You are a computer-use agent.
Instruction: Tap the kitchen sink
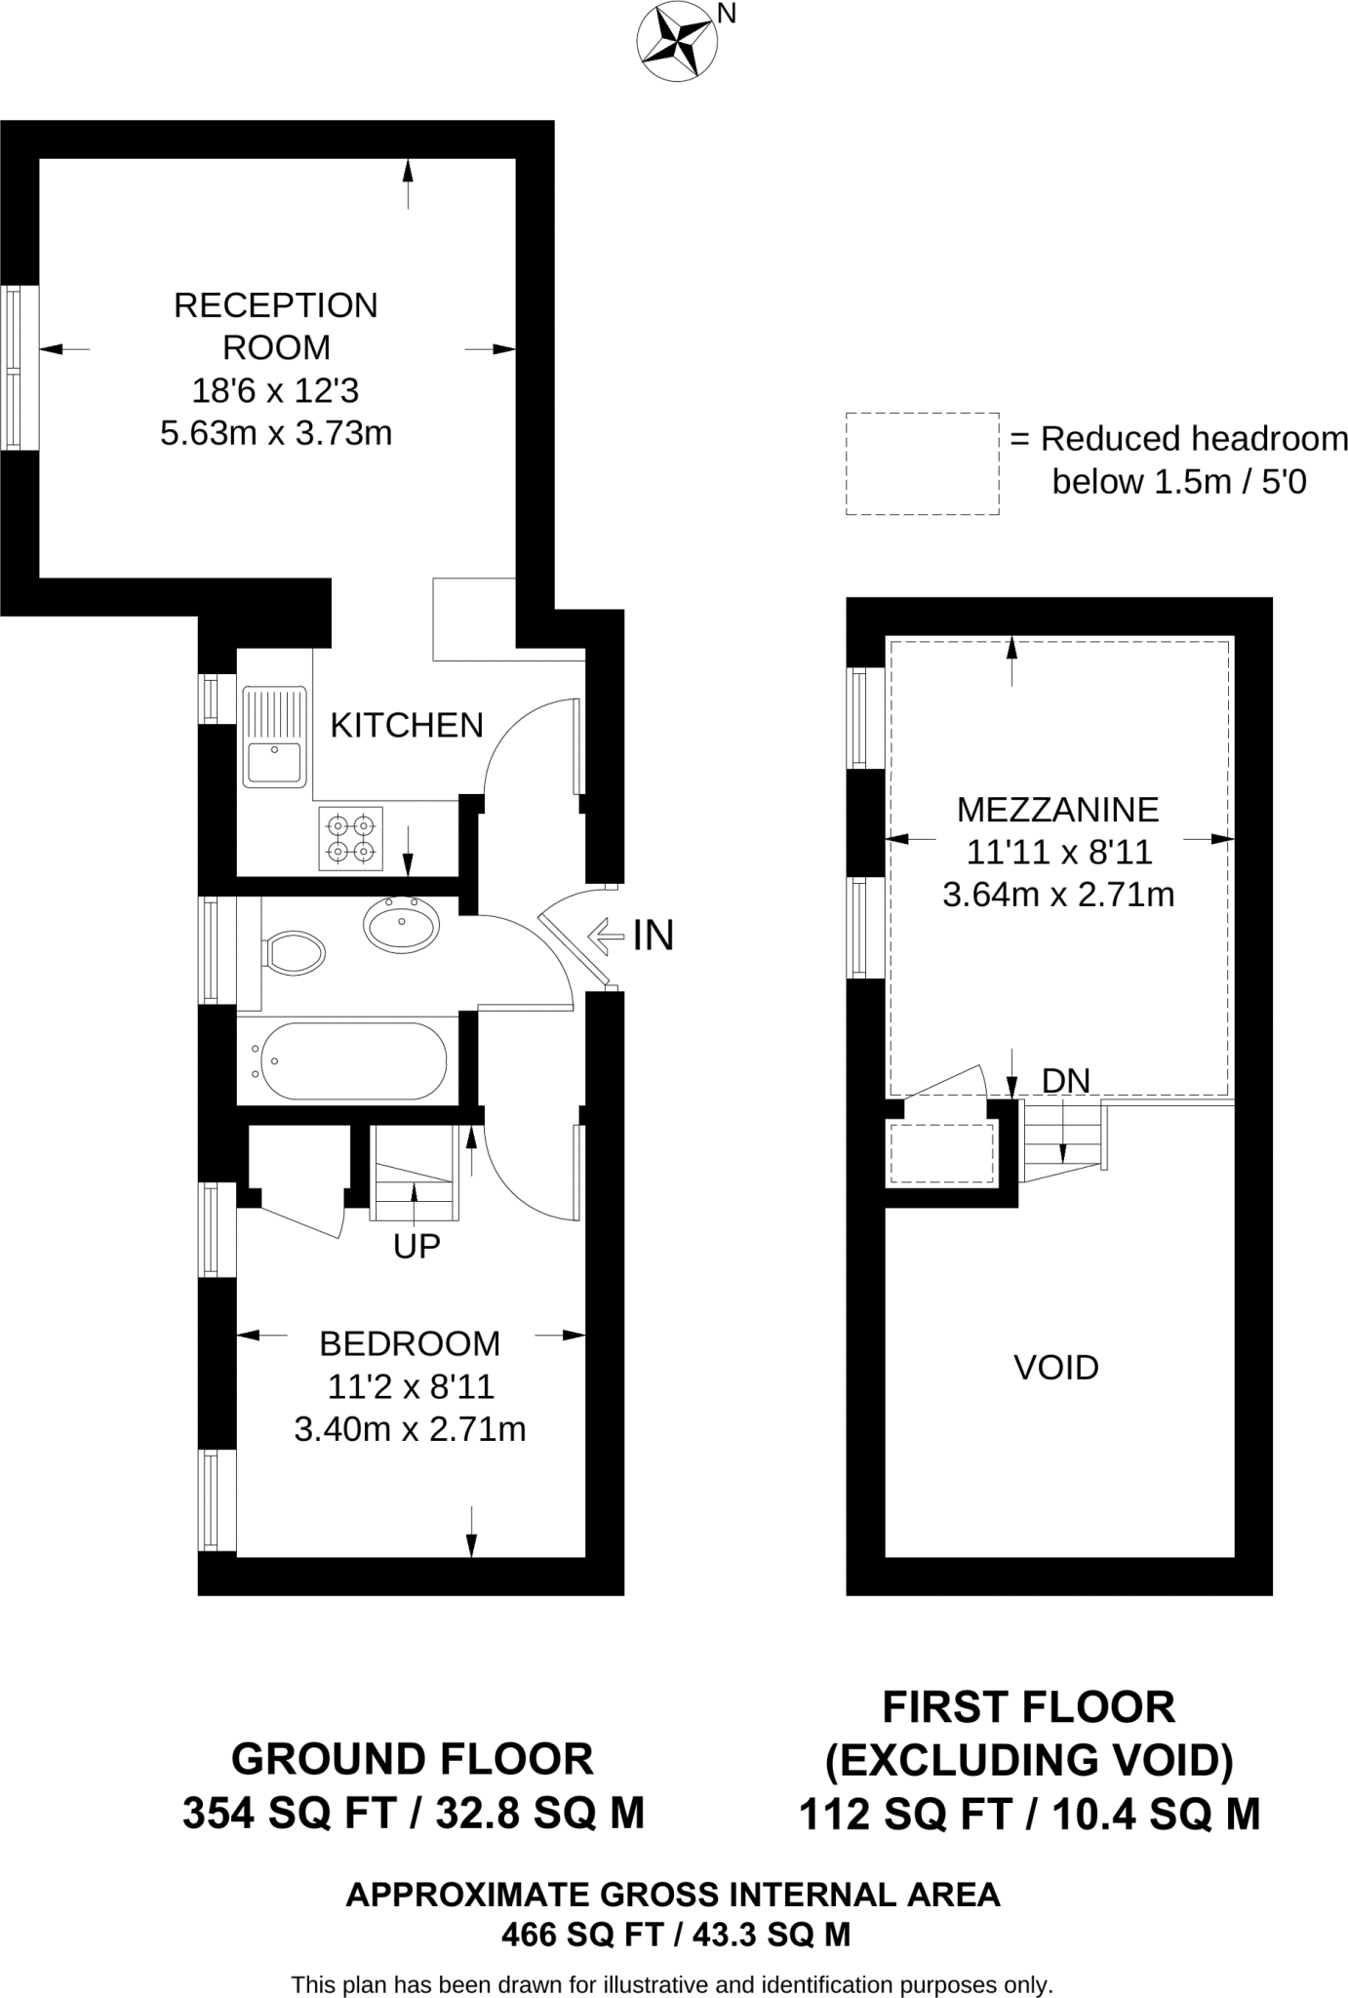pos(274,737)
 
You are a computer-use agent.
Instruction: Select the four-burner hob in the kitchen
pos(351,838)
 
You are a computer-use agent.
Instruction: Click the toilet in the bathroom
pos(294,952)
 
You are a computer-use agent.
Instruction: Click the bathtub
pos(347,1061)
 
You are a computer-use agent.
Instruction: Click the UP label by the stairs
pos(416,1246)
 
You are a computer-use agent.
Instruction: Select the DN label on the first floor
pos(1065,1080)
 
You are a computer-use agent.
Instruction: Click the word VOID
pos(1056,1368)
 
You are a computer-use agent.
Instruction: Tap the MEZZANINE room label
pos(1057,810)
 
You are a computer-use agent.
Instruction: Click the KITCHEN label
pos(407,726)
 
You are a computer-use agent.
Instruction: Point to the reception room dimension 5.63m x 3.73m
pos(276,433)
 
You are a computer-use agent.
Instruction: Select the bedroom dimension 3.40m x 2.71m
pos(410,1430)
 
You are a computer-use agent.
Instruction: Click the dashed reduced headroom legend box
pos(922,463)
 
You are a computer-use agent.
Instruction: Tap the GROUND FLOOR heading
pos(412,1760)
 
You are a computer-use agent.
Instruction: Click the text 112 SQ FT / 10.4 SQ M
pos(1029,1815)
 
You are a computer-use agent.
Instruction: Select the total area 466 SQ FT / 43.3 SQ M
pos(675,1935)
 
